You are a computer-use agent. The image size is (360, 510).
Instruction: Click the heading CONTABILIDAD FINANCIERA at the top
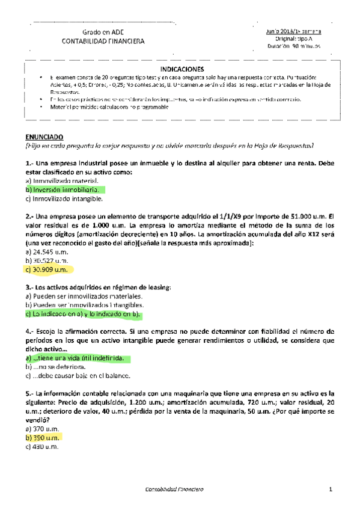(103, 41)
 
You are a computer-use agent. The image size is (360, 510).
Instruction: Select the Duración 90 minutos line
(293, 46)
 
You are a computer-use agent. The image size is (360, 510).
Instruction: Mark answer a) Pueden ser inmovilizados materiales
(84, 296)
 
